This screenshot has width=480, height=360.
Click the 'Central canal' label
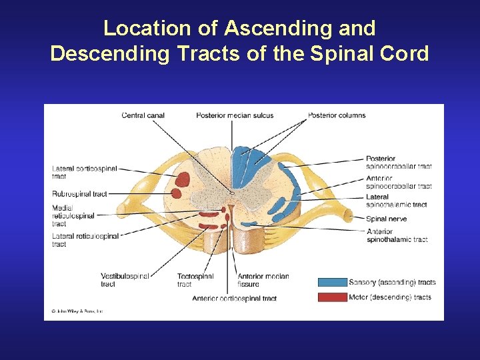(x=143, y=115)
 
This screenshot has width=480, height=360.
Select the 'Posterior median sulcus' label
(x=235, y=115)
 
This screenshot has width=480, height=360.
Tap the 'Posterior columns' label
(x=337, y=115)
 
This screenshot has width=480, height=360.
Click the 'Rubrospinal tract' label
(x=79, y=194)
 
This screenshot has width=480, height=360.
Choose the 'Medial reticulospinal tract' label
(x=73, y=216)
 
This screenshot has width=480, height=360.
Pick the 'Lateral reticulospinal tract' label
(x=85, y=240)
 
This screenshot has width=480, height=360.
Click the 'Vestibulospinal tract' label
(x=125, y=280)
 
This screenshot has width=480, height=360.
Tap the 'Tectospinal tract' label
(x=195, y=280)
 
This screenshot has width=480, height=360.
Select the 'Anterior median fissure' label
(x=263, y=280)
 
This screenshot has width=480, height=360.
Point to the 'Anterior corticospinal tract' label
(x=234, y=299)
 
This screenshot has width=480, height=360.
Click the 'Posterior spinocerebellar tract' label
(x=399, y=163)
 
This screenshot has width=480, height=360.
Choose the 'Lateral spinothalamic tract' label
(x=396, y=201)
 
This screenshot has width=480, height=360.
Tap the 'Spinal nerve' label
(x=386, y=219)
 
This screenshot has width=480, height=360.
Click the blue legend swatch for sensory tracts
(x=332, y=282)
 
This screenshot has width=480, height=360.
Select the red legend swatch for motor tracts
(x=332, y=297)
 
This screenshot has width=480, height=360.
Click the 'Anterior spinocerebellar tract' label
(x=399, y=182)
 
